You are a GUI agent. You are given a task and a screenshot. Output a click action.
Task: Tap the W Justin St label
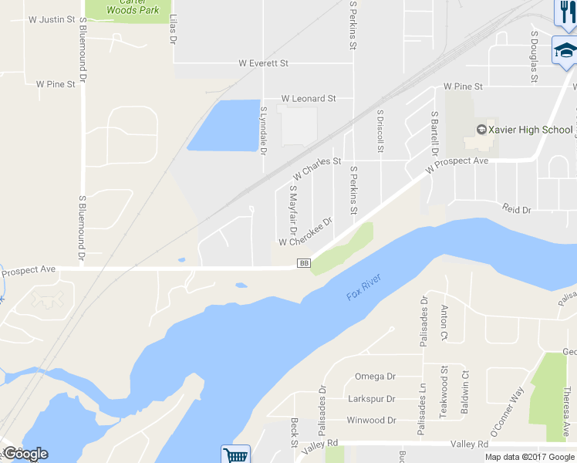52,19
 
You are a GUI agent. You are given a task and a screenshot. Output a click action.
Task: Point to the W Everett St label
263,63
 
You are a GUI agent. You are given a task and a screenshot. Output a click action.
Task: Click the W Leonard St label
309,99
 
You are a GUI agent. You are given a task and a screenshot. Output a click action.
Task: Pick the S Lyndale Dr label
263,131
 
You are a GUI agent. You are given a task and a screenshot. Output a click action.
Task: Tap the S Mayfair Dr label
292,209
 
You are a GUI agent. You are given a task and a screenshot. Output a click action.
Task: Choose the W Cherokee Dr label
305,231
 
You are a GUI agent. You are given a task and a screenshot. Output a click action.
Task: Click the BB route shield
303,264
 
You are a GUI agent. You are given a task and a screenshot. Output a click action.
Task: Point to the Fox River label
364,288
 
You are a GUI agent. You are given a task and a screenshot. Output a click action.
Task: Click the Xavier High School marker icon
481,130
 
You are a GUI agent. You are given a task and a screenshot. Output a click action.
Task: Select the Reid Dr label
517,210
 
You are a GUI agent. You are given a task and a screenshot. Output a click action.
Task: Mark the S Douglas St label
533,56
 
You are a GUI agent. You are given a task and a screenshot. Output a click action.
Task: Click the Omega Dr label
375,377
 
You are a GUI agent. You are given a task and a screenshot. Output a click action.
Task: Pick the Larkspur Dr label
371,399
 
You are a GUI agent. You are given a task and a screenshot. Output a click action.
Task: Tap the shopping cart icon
235,455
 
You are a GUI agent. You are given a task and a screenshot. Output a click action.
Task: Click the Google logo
25,454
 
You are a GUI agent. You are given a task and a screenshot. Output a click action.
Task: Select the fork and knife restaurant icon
565,11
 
